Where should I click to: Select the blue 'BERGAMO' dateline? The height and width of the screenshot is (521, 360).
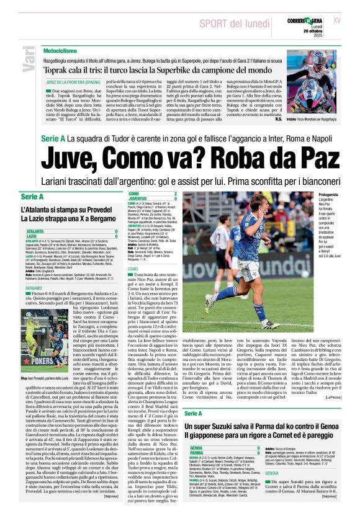pyautogui.click(x=34, y=288)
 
